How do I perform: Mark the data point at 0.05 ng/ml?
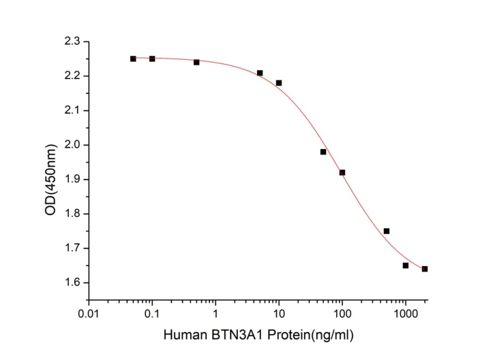tap(133, 58)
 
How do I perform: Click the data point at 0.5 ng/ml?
tap(196, 62)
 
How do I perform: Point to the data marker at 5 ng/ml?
tap(260, 73)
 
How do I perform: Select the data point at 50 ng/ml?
tap(323, 152)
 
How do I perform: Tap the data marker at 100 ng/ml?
tap(342, 172)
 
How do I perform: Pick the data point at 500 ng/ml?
tap(386, 231)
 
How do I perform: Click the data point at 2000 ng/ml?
tap(425, 269)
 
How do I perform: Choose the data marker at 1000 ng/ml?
tap(406, 265)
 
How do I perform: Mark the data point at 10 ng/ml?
tap(279, 83)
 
